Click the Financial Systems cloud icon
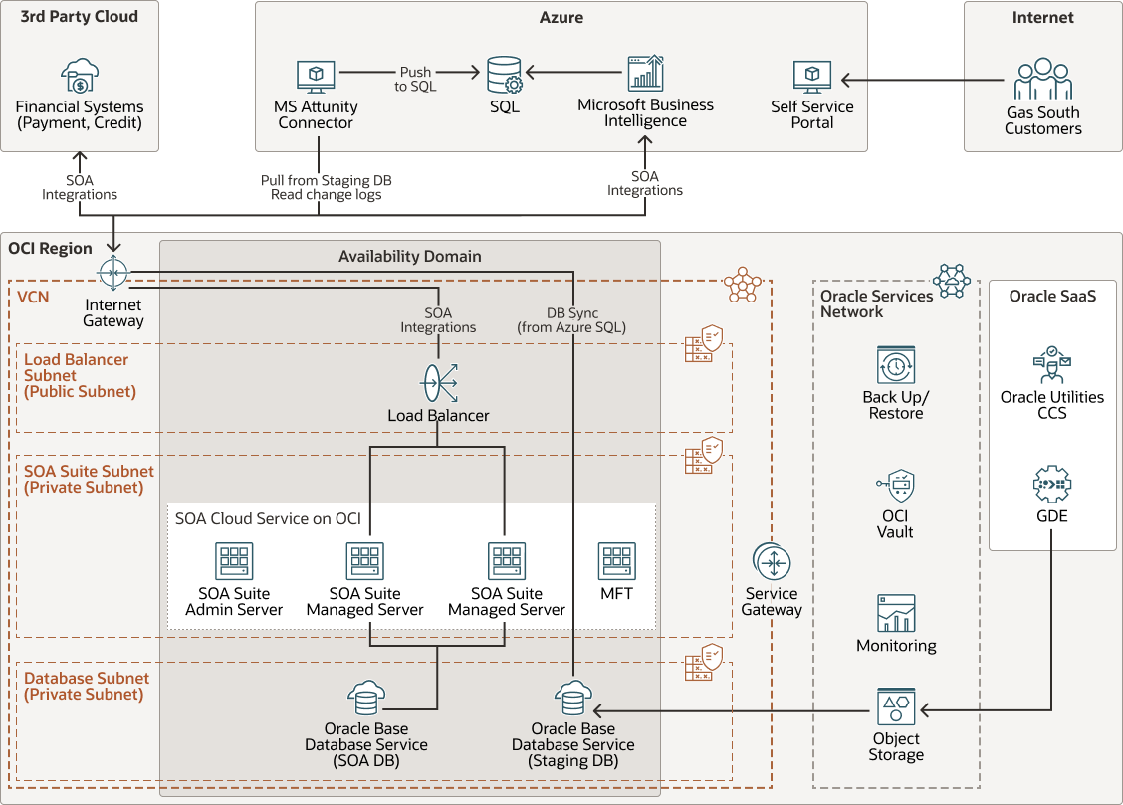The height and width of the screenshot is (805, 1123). pyautogui.click(x=80, y=77)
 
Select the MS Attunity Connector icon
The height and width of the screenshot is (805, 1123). pyautogui.click(x=316, y=77)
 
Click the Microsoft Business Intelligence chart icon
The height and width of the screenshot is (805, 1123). pyautogui.click(x=645, y=75)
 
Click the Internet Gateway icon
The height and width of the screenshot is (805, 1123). pyautogui.click(x=113, y=272)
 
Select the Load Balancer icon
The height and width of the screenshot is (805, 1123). pyautogui.click(x=438, y=382)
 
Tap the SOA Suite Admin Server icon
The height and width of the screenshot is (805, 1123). pyautogui.click(x=234, y=561)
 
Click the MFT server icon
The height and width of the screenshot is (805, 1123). pyautogui.click(x=616, y=561)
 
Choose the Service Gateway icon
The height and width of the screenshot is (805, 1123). pyautogui.click(x=772, y=563)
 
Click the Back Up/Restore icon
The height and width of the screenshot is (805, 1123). pyautogui.click(x=896, y=365)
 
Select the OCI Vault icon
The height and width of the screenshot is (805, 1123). pyautogui.click(x=896, y=487)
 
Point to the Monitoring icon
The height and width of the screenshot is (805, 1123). pyautogui.click(x=896, y=613)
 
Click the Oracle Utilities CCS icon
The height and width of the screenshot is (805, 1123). pyautogui.click(x=1051, y=365)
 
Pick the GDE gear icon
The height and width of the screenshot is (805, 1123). pyautogui.click(x=1051, y=485)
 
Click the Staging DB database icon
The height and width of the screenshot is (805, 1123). pyautogui.click(x=572, y=700)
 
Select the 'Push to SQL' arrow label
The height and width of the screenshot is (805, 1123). pyautogui.click(x=415, y=79)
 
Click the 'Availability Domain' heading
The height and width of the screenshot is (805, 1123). pyautogui.click(x=409, y=256)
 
